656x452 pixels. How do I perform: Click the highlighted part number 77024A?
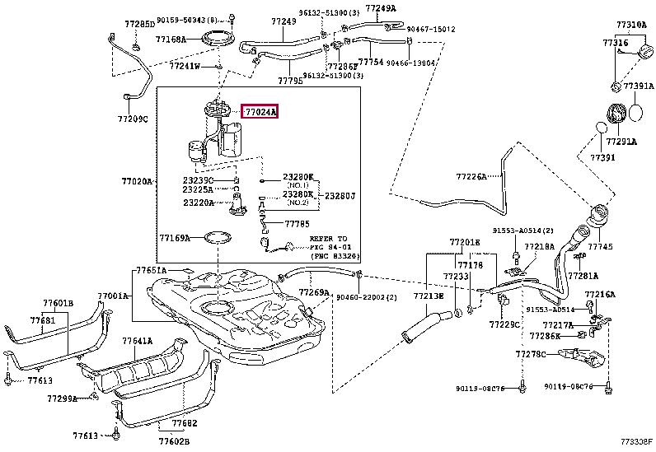pos(260,112)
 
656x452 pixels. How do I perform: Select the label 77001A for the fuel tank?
pos(113,296)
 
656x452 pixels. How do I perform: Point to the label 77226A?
pos(472,176)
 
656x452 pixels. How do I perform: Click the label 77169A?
pos(175,238)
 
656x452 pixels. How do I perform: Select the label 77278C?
pos(532,353)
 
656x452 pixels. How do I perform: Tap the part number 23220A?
pos(199,202)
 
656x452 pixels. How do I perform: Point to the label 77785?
pos(298,222)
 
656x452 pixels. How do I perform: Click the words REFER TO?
pos(329,237)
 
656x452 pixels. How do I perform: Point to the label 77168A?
pos(171,39)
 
